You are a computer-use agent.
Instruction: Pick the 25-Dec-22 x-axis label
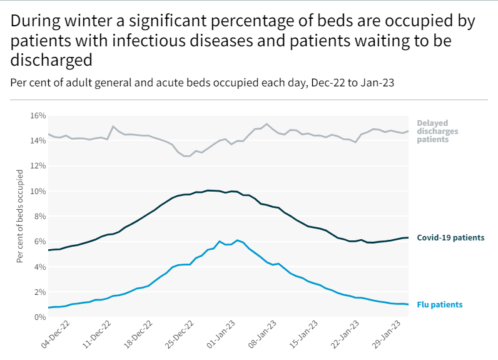179,335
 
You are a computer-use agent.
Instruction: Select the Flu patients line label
440,305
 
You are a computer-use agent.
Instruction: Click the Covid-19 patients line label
450,238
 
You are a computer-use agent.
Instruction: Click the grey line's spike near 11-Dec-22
113,126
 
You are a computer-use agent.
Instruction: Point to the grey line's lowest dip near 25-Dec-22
186,156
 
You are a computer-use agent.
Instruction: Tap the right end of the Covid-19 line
408,237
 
